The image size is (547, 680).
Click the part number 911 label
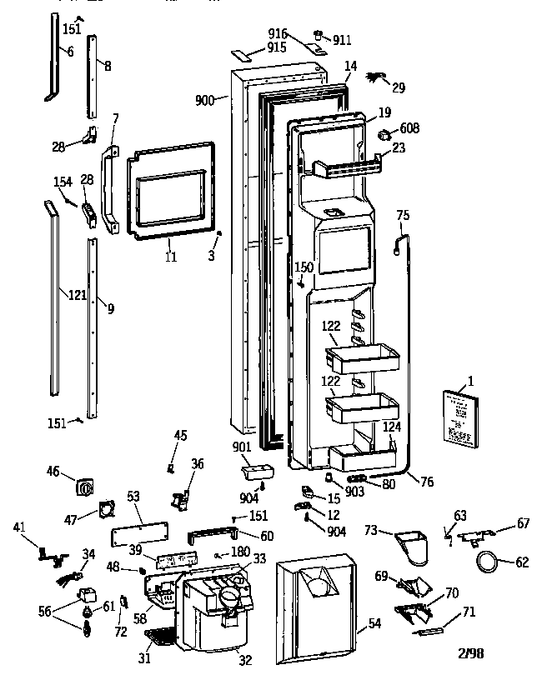tap(343, 39)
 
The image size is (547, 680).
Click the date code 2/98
tap(470, 653)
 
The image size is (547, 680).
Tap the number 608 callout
tap(409, 128)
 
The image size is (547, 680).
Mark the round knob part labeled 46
tap(83, 486)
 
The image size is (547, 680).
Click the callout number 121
tap(77, 295)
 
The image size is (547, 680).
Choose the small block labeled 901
tap(254, 473)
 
